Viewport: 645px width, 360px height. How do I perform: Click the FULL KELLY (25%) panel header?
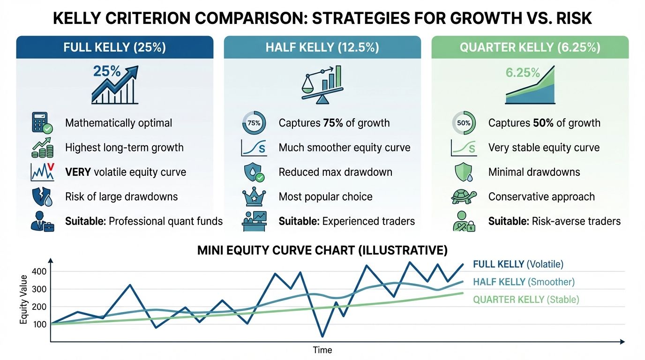(x=115, y=47)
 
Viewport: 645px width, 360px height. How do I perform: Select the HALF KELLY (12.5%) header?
(x=322, y=47)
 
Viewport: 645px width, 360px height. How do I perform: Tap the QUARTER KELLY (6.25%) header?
(x=530, y=47)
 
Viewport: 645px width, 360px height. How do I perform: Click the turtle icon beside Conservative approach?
(x=464, y=196)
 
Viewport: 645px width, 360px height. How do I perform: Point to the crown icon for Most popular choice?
(x=254, y=196)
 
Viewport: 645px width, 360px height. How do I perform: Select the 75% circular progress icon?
(x=254, y=123)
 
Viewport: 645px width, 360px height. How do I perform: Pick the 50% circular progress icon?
(x=464, y=123)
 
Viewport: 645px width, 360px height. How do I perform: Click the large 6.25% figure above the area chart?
(x=523, y=73)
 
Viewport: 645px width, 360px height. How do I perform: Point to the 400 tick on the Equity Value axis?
(x=40, y=271)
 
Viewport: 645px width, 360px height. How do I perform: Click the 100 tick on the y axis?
(x=40, y=324)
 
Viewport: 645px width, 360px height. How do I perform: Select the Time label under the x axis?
(x=322, y=350)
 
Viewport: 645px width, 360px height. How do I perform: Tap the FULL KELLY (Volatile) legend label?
(x=518, y=264)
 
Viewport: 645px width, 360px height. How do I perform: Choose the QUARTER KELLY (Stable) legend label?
(x=526, y=300)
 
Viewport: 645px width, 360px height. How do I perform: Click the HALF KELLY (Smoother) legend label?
(x=524, y=282)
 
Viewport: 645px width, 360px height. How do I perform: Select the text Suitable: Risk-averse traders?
(x=554, y=221)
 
